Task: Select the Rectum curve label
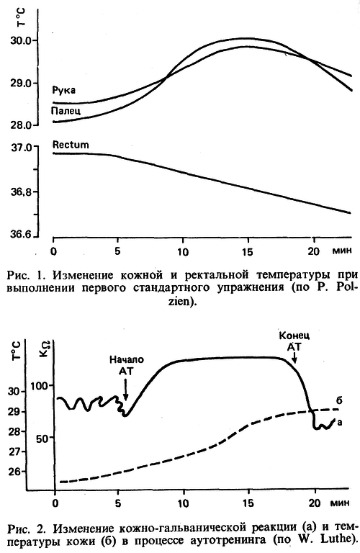click(x=71, y=145)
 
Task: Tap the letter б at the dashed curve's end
click(x=348, y=397)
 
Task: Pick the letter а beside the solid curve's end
click(x=349, y=423)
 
